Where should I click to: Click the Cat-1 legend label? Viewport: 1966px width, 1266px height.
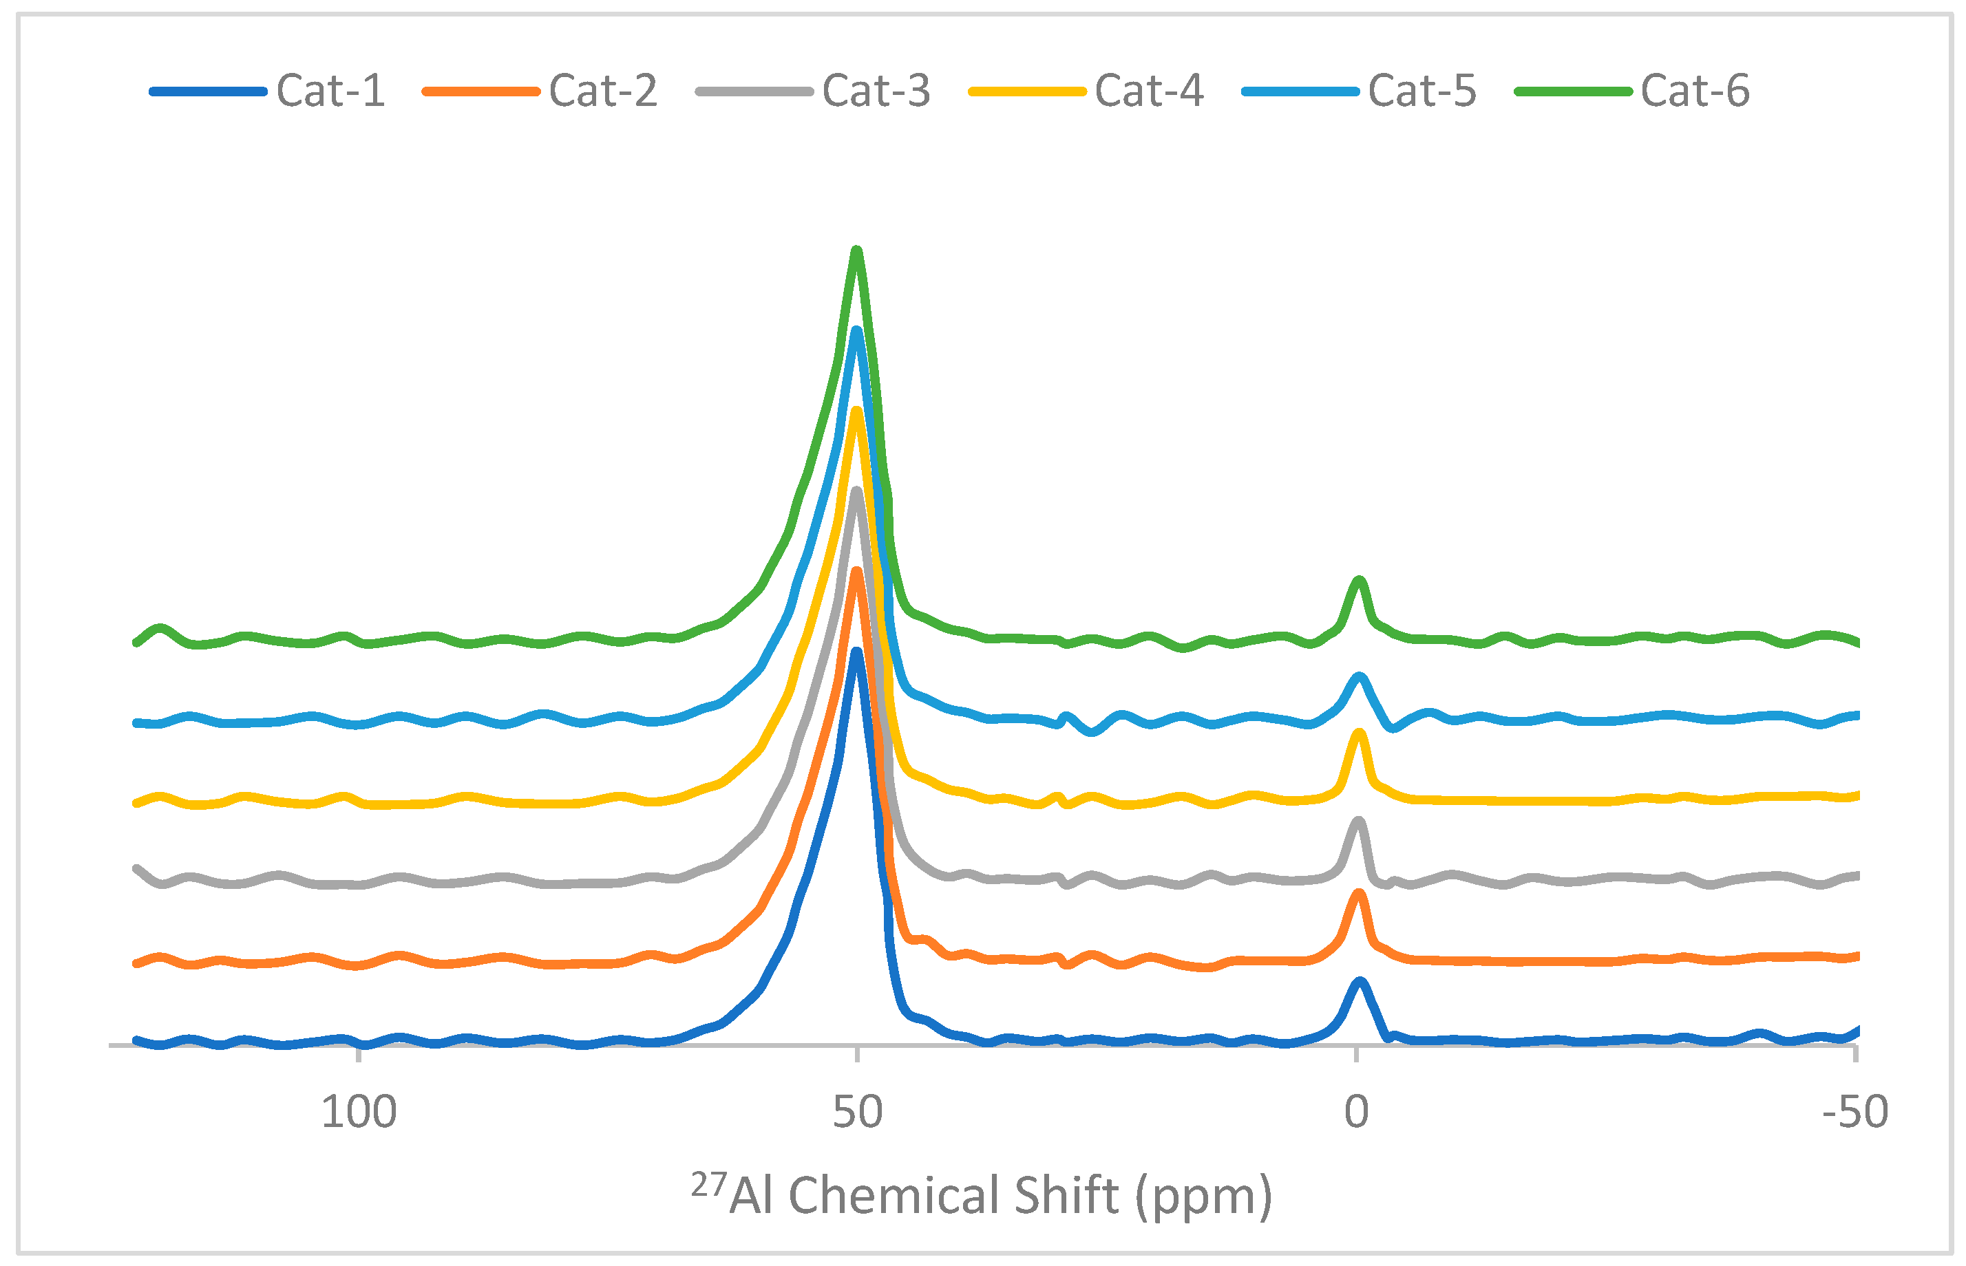(x=330, y=90)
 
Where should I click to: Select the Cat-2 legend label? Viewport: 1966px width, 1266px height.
(x=603, y=90)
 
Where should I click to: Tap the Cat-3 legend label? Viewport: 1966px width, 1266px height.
(x=876, y=90)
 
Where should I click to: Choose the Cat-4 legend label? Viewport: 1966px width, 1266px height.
(x=1149, y=90)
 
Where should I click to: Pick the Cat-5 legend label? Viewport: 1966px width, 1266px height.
(x=1421, y=90)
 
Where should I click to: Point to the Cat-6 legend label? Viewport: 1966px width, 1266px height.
(x=1695, y=90)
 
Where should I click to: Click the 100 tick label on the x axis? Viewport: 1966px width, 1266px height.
(x=359, y=1113)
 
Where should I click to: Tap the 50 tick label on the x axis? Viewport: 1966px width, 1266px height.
(x=857, y=1113)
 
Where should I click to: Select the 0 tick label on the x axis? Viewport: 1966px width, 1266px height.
(x=1356, y=1113)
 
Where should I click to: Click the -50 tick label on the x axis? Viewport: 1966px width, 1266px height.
(x=1855, y=1113)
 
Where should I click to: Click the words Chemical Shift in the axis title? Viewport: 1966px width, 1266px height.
(x=954, y=1195)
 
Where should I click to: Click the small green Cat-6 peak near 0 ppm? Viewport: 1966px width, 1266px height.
(x=1359, y=582)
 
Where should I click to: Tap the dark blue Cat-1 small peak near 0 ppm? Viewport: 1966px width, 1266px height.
(x=1359, y=982)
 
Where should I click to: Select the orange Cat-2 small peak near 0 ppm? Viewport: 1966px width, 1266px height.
(x=1359, y=894)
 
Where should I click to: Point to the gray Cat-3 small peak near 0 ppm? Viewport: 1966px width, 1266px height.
(x=1358, y=822)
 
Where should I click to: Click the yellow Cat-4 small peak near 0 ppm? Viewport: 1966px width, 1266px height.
(x=1359, y=733)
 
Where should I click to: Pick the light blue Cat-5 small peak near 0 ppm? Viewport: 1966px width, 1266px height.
(x=1359, y=678)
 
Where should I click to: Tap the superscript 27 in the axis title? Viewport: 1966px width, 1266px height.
(x=708, y=1185)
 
